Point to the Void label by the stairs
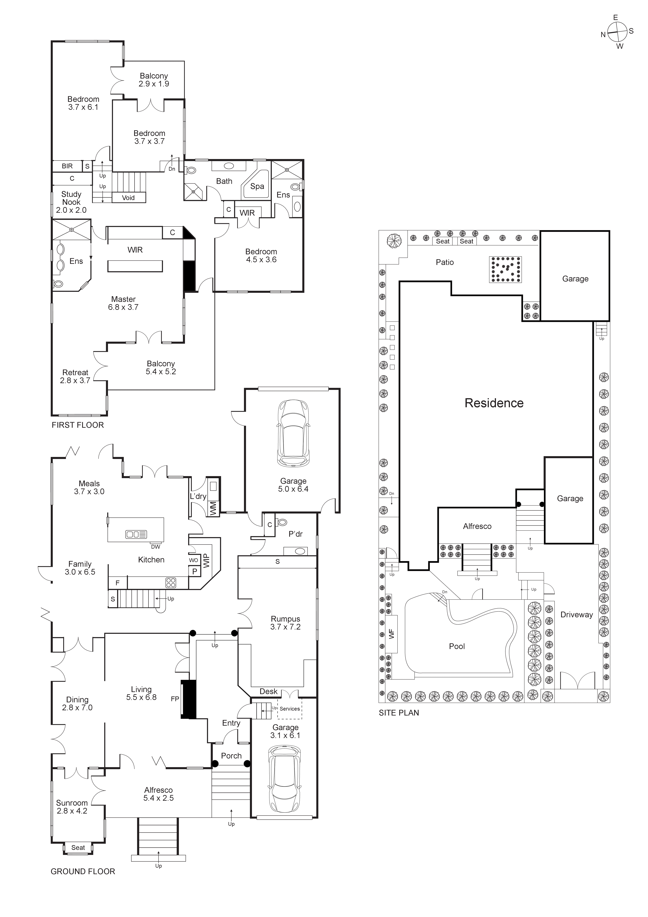pos(128,198)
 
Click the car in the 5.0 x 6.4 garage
pos(293,433)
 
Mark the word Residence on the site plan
pos(494,403)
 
